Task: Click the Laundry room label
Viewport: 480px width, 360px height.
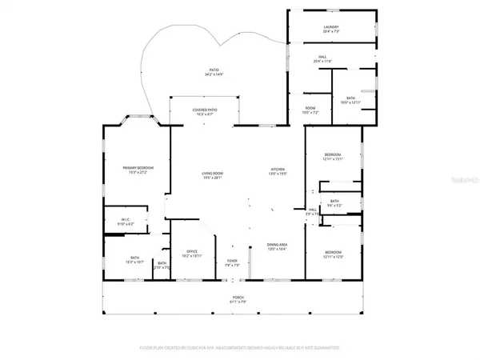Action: coord(331,29)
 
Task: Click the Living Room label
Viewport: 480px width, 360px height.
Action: coord(211,175)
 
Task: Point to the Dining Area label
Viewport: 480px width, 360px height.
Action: coord(277,249)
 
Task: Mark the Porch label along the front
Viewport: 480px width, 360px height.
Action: coord(238,298)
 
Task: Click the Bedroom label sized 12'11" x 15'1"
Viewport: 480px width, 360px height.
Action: coord(333,157)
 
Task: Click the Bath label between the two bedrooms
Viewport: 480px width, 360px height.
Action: coord(334,203)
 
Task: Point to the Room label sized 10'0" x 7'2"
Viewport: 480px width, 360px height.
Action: coord(310,112)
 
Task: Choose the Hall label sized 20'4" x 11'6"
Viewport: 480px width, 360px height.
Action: coord(322,59)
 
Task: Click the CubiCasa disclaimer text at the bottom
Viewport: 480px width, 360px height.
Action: coord(239,349)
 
